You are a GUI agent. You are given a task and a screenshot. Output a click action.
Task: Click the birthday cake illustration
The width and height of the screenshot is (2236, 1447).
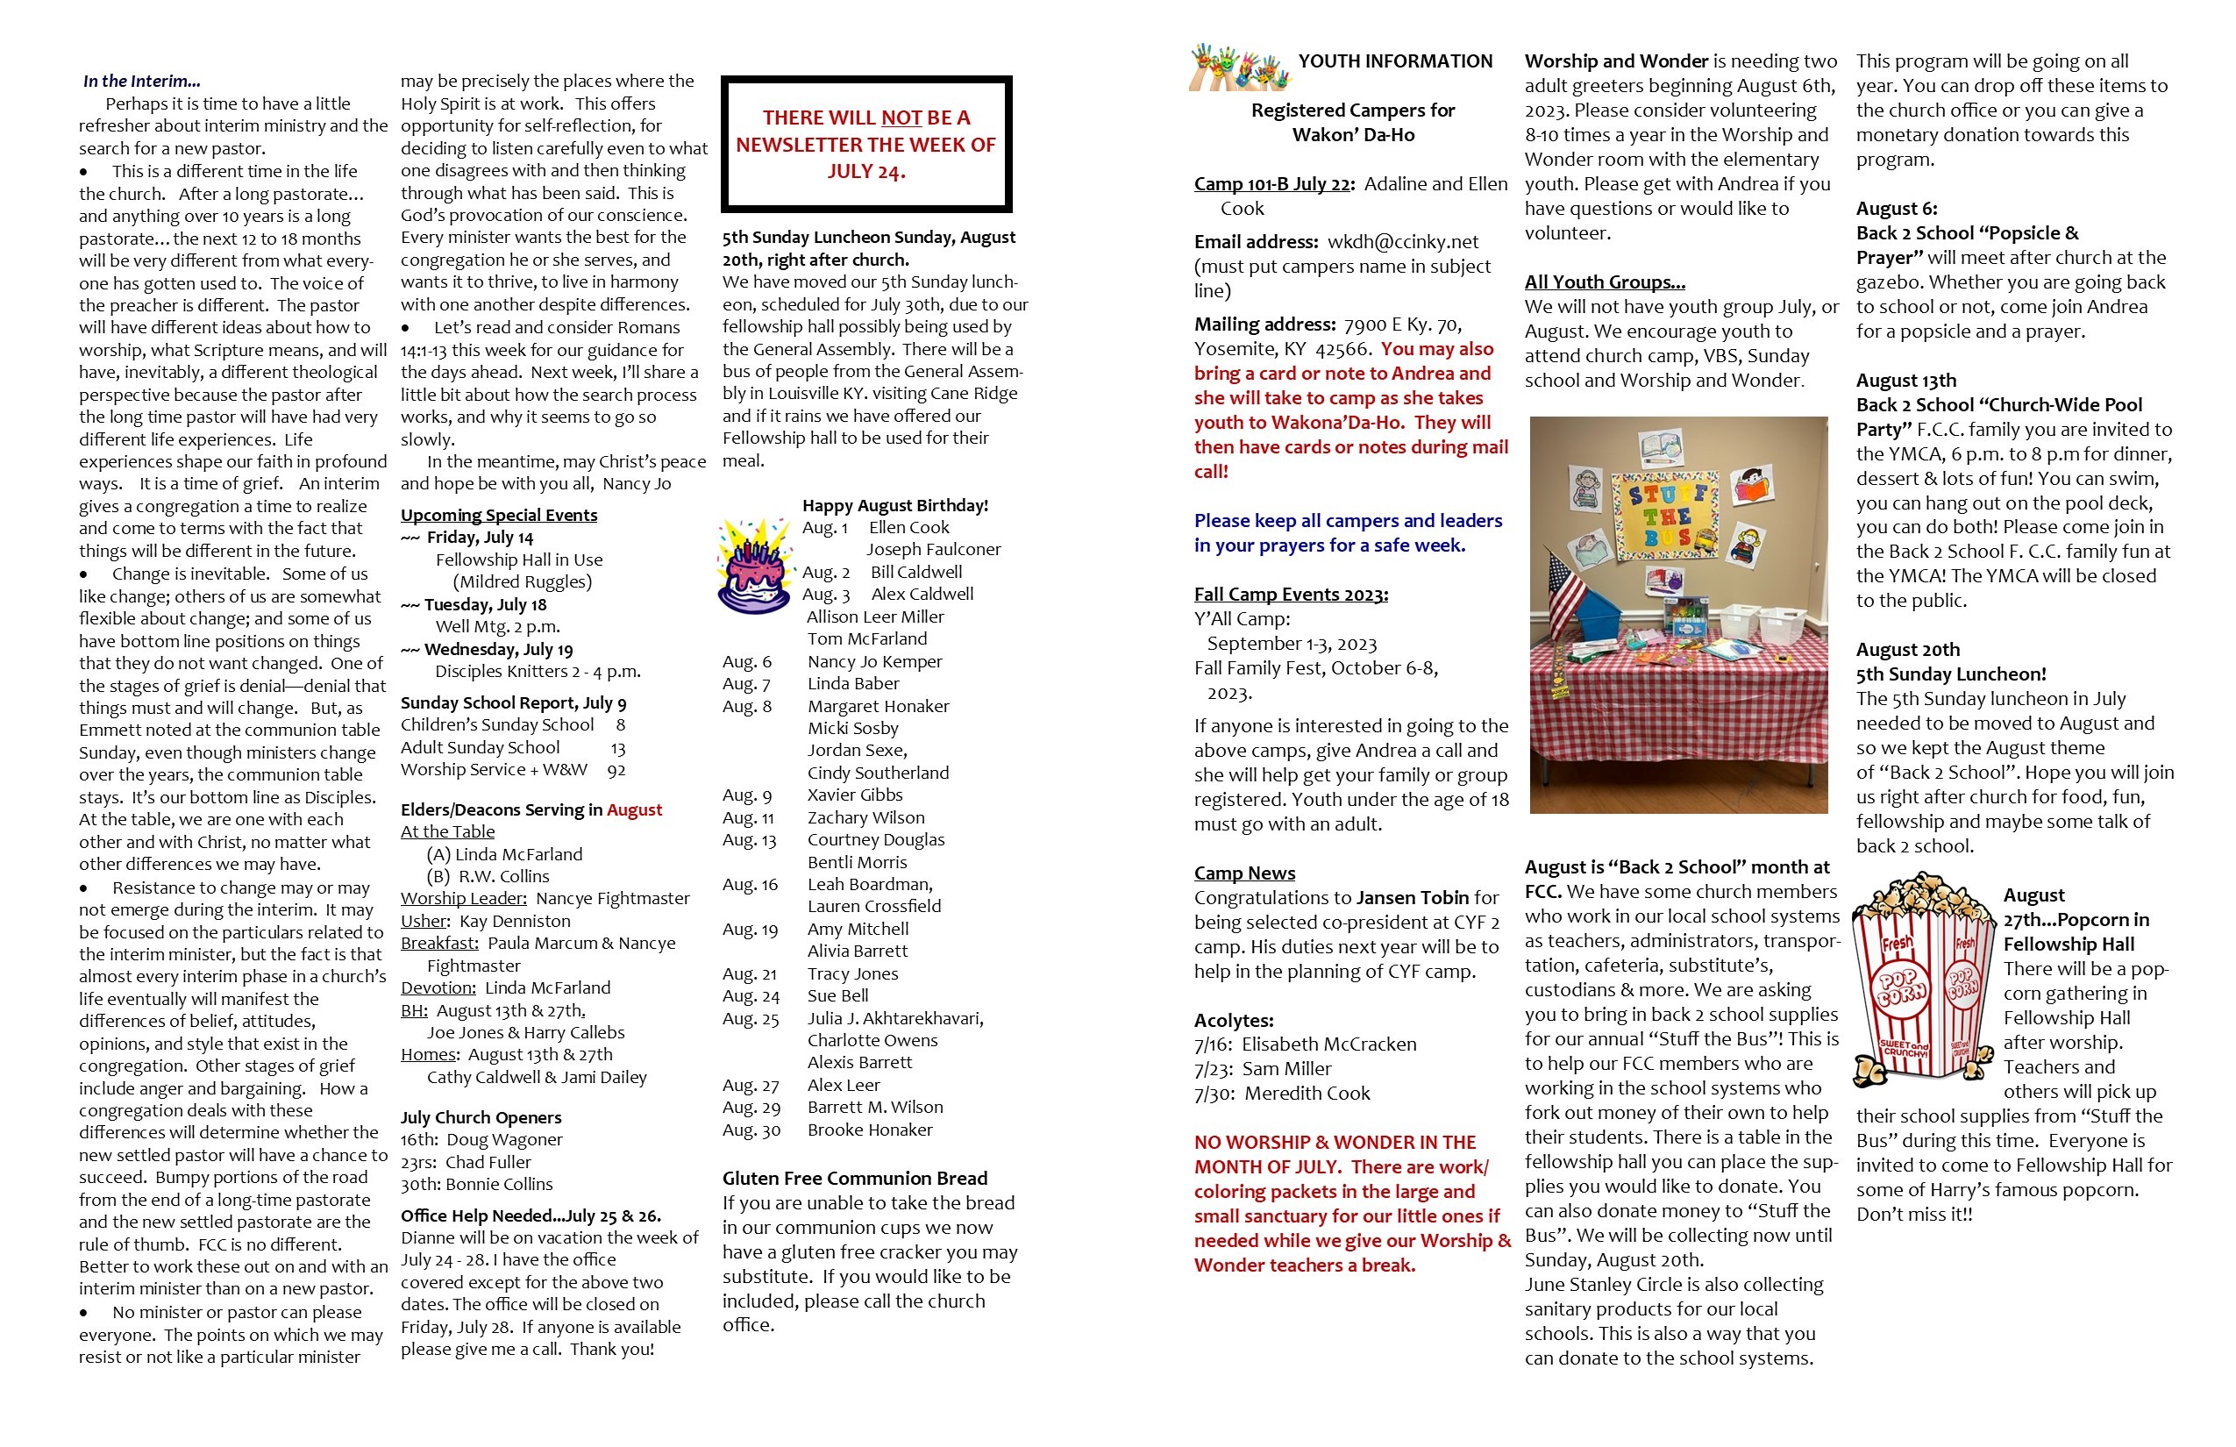coord(753,566)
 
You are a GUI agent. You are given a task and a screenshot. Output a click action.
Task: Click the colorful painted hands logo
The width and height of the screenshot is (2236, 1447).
coord(1238,67)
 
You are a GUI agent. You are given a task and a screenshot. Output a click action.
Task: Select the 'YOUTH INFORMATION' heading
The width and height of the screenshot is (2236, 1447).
coord(1394,62)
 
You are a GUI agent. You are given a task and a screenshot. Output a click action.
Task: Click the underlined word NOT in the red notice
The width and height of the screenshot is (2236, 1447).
coord(901,118)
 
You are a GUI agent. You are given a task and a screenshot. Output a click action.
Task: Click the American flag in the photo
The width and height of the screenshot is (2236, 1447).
coord(1565,587)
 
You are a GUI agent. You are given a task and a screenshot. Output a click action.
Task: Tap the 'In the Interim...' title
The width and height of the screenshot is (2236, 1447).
coord(141,82)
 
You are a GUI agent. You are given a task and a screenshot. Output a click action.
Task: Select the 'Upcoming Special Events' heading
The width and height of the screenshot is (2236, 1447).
coord(498,515)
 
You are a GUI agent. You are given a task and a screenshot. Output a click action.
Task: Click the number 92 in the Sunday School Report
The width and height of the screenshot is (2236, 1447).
coord(616,771)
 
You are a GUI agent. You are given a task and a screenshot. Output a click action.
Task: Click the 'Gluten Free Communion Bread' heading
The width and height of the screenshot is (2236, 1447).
coord(854,1179)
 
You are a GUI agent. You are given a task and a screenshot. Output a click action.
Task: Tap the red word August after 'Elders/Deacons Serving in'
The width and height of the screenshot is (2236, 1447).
coord(634,810)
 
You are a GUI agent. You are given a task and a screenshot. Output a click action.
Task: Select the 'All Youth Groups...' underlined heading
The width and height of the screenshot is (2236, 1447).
coord(1604,282)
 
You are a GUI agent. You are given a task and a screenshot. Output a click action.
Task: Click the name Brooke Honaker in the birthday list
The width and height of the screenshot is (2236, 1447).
coord(869,1130)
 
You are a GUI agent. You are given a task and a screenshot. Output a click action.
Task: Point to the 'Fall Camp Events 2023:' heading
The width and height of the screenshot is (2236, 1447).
coord(1290,595)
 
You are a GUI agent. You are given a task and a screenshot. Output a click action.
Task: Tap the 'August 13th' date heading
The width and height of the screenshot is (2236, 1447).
coord(1905,381)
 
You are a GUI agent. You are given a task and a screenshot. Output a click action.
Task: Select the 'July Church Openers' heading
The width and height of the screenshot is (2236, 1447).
coord(481,1118)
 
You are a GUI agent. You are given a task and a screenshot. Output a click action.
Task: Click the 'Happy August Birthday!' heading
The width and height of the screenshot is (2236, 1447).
coord(894,505)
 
